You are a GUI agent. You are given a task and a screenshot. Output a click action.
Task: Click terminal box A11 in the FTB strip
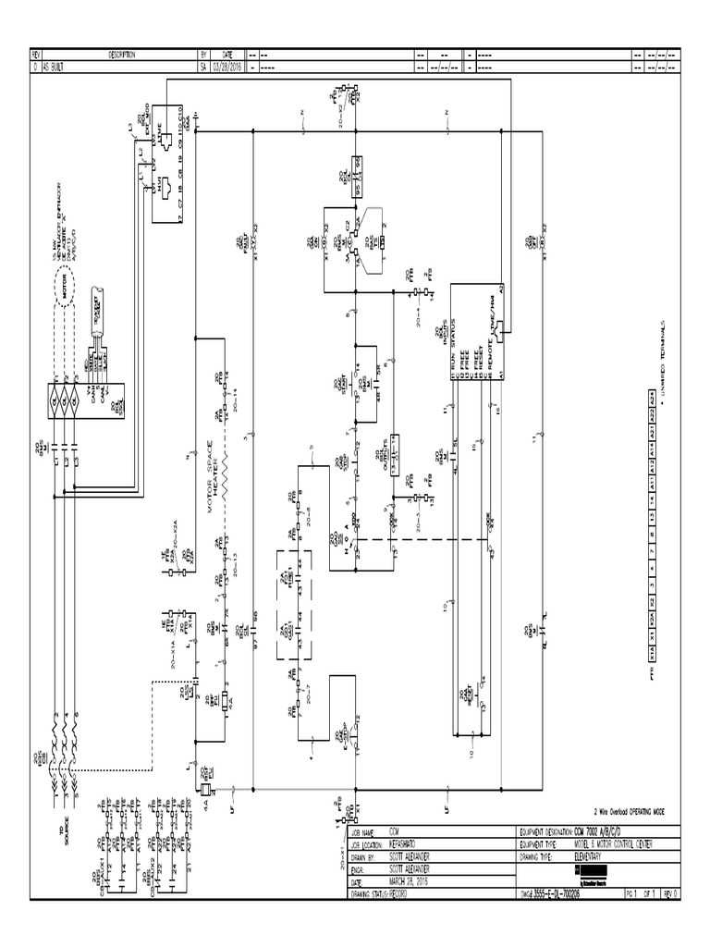(x=653, y=481)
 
